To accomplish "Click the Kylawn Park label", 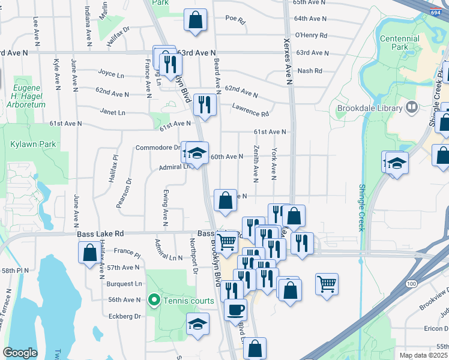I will click(x=25, y=145).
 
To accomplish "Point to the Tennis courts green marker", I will click(x=154, y=300).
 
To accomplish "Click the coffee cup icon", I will click(x=235, y=310).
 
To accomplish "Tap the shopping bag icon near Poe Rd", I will click(x=195, y=20).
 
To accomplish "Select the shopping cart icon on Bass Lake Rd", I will click(x=226, y=241).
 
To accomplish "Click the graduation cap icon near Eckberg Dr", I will click(x=197, y=323).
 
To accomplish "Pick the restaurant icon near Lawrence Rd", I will click(x=205, y=105).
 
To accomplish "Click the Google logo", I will click(x=20, y=353).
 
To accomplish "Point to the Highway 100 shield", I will click(x=411, y=283).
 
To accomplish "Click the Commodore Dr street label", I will click(x=158, y=148).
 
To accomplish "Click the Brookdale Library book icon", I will click(x=412, y=108).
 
